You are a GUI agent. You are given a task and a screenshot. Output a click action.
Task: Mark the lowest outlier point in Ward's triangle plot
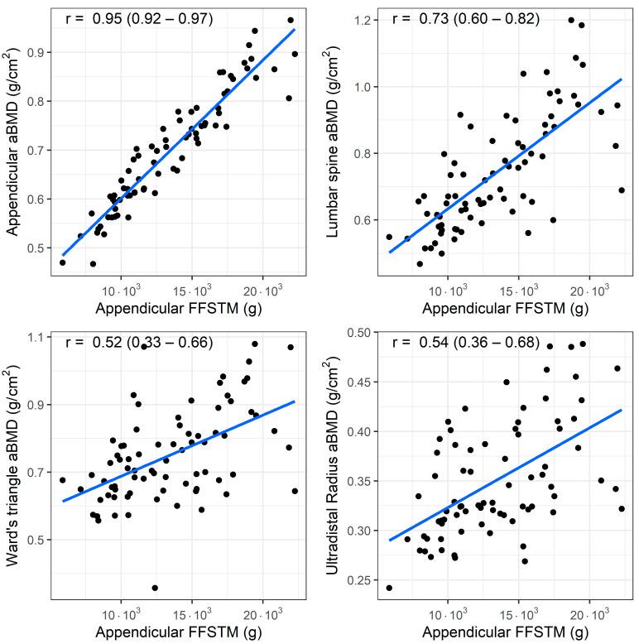point(155,588)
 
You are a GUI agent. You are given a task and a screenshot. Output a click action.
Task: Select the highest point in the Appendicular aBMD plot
point(291,20)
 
